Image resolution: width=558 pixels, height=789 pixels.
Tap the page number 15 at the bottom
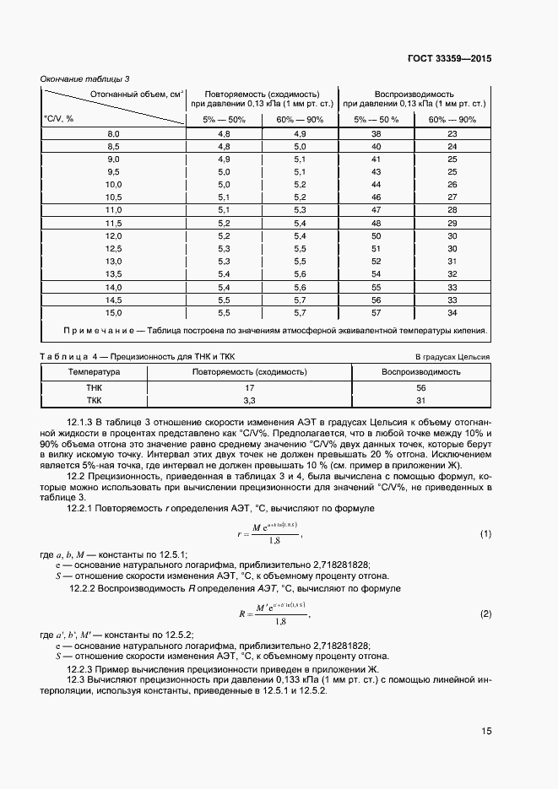click(485, 732)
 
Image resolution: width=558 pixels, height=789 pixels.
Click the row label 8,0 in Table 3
click(113, 134)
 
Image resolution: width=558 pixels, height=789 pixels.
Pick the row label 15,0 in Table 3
click(113, 311)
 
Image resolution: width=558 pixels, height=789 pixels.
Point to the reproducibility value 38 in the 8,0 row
click(377, 134)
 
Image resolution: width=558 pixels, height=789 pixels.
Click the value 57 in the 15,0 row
click(377, 311)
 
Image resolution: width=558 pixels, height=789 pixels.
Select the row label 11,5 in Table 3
click(113, 223)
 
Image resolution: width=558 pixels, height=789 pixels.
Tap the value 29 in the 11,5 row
click(452, 223)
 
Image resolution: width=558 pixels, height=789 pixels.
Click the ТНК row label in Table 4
click(94, 387)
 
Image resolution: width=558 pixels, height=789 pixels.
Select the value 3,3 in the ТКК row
click(249, 401)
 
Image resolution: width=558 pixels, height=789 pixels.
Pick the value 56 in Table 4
click(420, 387)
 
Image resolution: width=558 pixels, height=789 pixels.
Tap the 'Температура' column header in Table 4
click(94, 371)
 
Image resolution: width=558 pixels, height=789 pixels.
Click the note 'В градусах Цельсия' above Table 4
click(452, 357)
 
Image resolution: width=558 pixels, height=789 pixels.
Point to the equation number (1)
click(485, 534)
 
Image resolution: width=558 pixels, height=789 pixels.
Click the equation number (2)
click(485, 613)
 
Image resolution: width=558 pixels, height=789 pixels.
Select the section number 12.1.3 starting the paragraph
click(83, 420)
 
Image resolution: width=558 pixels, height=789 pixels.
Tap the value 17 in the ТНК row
click(249, 387)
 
